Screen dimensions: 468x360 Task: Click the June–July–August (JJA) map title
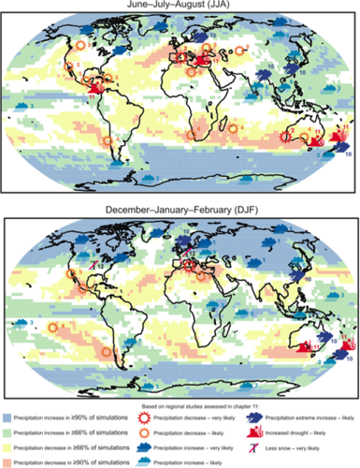click(x=180, y=6)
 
